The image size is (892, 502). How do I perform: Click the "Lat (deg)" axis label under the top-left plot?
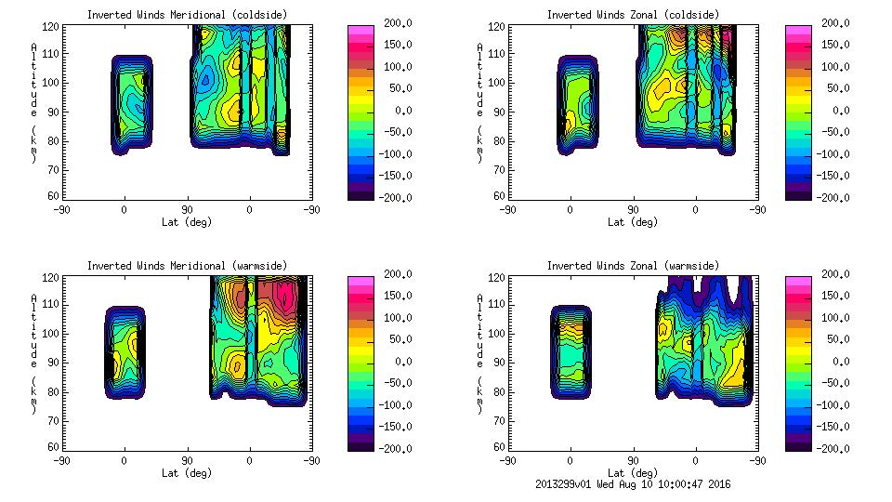pos(188,222)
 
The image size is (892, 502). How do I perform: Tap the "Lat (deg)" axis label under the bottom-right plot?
pos(634,473)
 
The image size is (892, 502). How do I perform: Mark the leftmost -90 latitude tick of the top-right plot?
pos(507,210)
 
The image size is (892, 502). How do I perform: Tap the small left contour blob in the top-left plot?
pos(131,102)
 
